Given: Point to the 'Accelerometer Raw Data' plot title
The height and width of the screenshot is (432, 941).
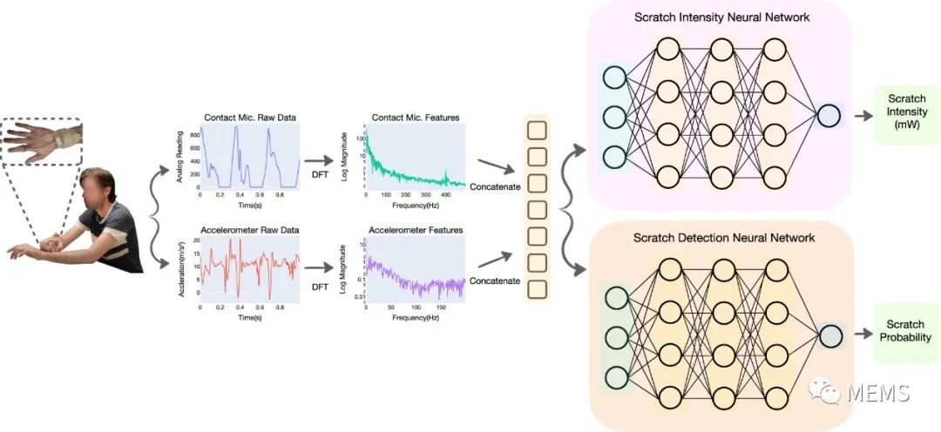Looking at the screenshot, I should click(249, 230).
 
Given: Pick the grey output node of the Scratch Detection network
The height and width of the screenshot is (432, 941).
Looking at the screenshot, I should click(829, 335).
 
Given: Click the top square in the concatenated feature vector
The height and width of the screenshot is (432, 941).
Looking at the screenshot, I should click(538, 131).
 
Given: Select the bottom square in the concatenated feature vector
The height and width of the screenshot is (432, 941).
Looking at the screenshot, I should click(538, 288).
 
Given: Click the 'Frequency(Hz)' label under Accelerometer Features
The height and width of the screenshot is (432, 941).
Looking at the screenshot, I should click(416, 318).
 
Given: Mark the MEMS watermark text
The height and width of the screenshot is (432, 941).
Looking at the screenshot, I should click(881, 393).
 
